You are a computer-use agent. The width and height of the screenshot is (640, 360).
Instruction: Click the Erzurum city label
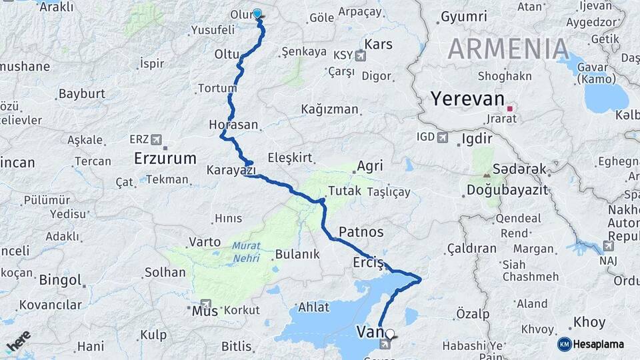point(165,159)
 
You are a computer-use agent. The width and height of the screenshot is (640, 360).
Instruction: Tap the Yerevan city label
point(467,99)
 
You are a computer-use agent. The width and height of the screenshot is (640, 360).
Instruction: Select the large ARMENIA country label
point(508,49)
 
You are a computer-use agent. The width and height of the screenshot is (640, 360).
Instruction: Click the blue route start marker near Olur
point(257,13)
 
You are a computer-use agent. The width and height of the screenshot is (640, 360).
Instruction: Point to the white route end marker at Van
point(390,333)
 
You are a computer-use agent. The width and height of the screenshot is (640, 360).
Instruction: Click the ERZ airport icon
point(156,139)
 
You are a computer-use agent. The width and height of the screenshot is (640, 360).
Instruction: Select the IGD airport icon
point(442,137)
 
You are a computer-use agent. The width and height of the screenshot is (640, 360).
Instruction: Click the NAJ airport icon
point(608,246)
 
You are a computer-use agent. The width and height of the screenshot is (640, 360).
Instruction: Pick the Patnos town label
point(361,232)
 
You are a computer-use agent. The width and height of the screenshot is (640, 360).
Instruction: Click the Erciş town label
point(369,263)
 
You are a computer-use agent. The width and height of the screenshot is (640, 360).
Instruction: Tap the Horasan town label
point(233,125)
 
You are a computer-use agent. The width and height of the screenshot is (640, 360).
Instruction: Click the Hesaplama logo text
point(599,344)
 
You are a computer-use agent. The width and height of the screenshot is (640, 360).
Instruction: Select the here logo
point(19,341)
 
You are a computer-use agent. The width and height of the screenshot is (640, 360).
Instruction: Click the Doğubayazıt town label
point(507,191)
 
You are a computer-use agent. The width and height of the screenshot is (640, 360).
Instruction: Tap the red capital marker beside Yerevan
point(510,108)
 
